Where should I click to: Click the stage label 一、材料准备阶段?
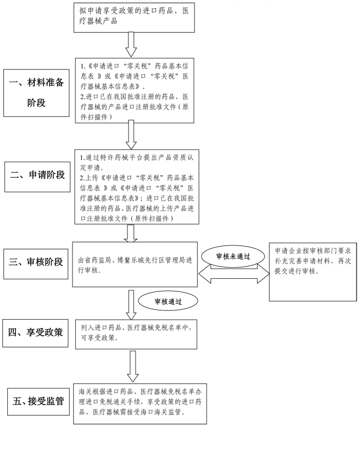(x=37, y=93)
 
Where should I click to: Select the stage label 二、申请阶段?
(x=37, y=177)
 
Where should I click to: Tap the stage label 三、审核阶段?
(x=36, y=264)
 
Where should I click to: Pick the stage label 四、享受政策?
(x=35, y=333)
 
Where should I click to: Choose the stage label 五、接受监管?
(x=38, y=401)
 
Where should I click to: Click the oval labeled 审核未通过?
(x=233, y=256)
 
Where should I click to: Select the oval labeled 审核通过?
(x=168, y=301)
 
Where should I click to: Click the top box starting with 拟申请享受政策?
(x=134, y=17)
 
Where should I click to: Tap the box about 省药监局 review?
(x=135, y=264)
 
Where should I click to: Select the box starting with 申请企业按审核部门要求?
(x=313, y=272)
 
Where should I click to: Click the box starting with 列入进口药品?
(x=136, y=334)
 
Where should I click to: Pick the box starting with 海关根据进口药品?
(x=140, y=404)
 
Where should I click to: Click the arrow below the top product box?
(x=131, y=44)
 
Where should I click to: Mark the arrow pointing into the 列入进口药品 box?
(x=131, y=305)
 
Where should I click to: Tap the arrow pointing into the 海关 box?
(x=132, y=366)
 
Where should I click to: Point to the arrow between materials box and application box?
(x=131, y=135)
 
